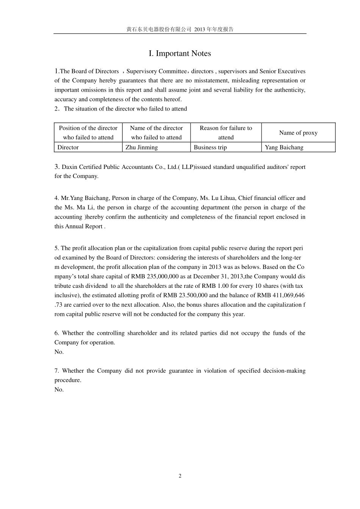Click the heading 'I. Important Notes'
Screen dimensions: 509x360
tap(180, 53)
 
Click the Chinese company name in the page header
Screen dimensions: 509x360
tap(159, 29)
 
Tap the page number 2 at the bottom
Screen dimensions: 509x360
tap(180, 476)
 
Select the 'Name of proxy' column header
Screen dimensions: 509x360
tap(298, 133)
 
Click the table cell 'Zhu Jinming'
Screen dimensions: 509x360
tap(141, 147)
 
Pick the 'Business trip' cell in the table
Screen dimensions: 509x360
tap(210, 147)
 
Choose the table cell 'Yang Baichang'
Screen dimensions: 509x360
tap(284, 147)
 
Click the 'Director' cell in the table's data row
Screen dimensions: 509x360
tap(68, 147)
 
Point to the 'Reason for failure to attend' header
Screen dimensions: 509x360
tap(226, 133)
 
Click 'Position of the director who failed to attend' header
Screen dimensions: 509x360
tap(88, 133)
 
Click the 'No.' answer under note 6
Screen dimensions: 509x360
tap(59, 352)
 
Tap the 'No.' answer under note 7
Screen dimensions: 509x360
tap(59, 390)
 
